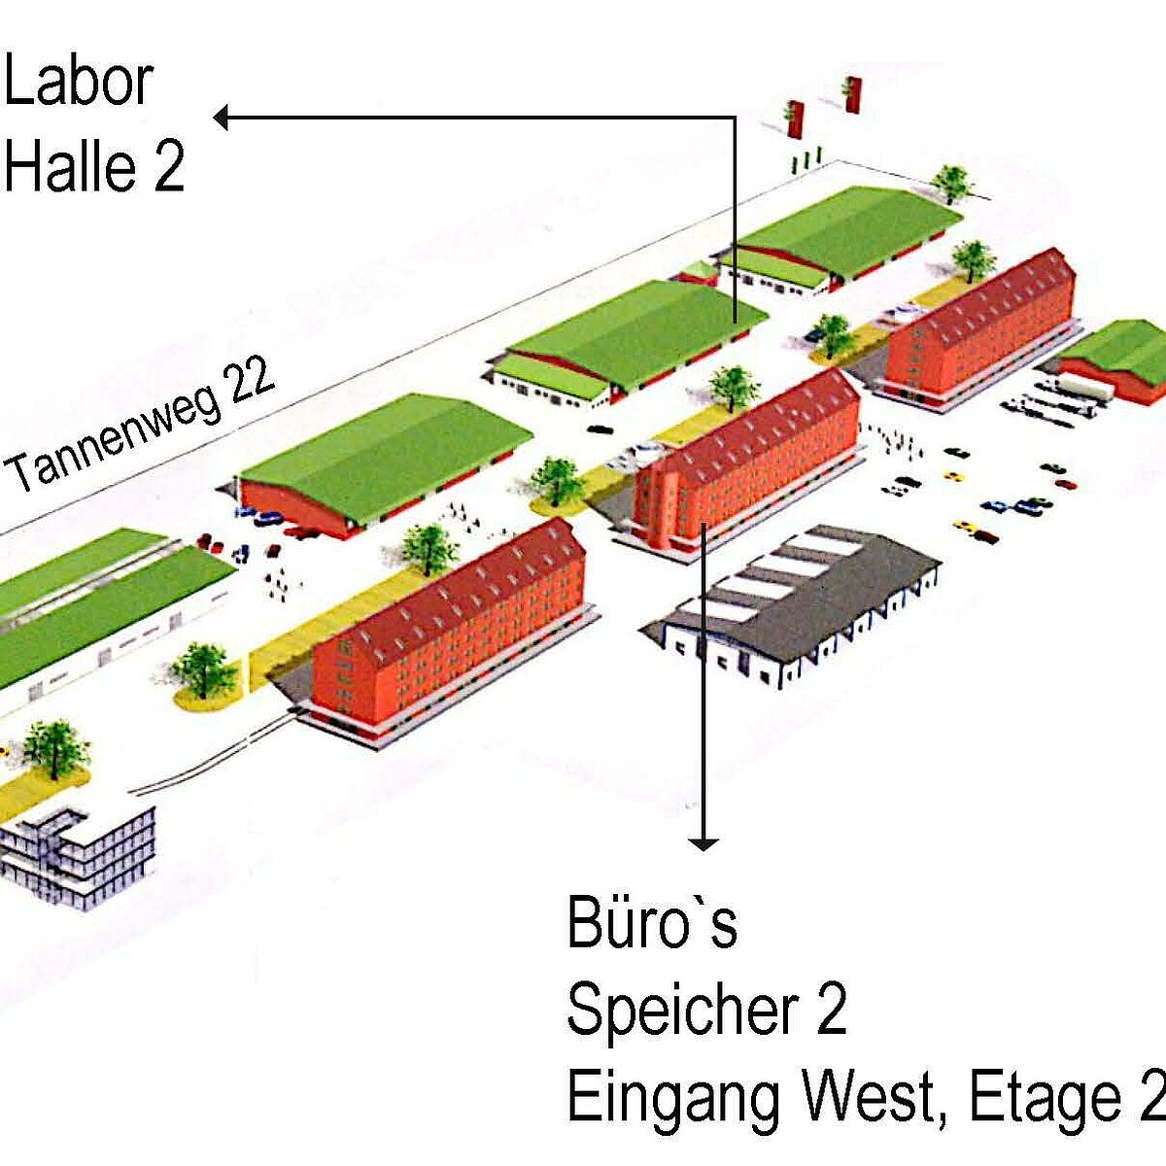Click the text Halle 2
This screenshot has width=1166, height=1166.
(x=94, y=164)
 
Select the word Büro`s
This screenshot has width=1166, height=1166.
(x=652, y=921)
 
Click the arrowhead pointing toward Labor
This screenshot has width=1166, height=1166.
(x=221, y=118)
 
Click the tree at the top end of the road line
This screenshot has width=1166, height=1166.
(x=952, y=184)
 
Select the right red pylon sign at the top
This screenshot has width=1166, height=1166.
(x=852, y=94)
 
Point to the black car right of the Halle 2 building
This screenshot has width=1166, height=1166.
(x=600, y=429)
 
